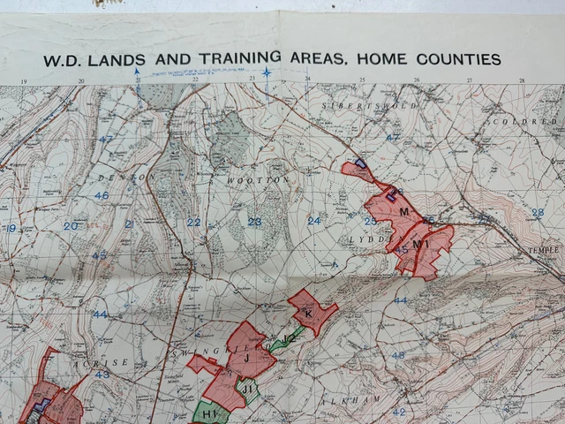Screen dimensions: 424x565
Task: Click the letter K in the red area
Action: click(x=308, y=314)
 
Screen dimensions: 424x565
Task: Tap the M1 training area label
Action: click(x=420, y=245)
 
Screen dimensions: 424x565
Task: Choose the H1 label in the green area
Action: click(x=209, y=413)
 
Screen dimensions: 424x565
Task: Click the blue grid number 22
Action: click(x=193, y=222)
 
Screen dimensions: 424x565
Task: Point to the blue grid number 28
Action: click(x=538, y=213)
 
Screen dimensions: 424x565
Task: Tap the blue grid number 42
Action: click(x=398, y=412)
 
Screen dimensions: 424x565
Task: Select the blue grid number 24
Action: click(x=313, y=220)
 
